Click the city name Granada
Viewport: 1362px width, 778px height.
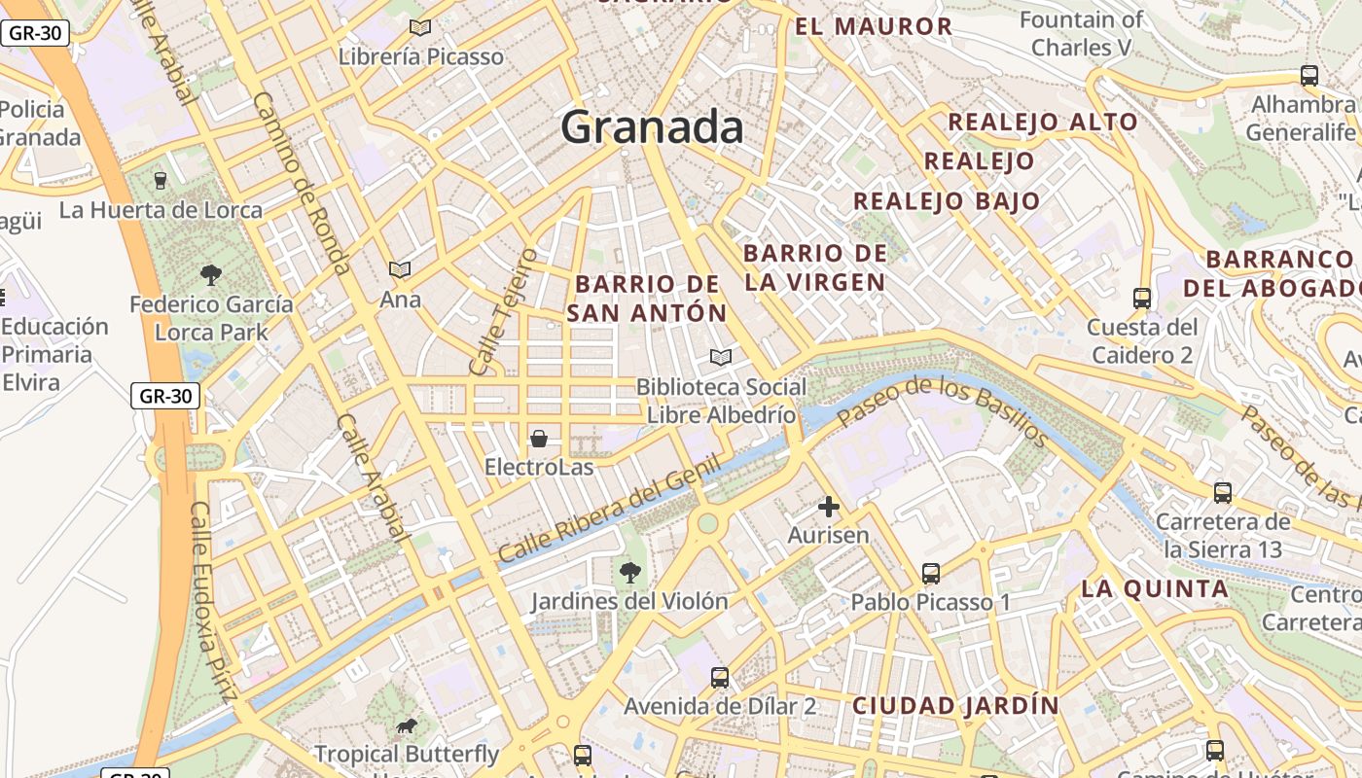pyautogui.click(x=652, y=127)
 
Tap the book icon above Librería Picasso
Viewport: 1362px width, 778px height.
pyautogui.click(x=420, y=28)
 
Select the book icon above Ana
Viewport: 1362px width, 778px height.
pyautogui.click(x=400, y=269)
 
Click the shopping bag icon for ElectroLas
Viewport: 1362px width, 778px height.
pyautogui.click(x=539, y=439)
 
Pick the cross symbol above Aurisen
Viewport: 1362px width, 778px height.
pyautogui.click(x=829, y=507)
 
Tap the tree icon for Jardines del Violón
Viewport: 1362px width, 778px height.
pyautogui.click(x=630, y=572)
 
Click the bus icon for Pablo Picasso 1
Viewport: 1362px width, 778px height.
pyautogui.click(x=931, y=574)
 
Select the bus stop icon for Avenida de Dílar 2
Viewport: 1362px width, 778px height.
pyautogui.click(x=720, y=678)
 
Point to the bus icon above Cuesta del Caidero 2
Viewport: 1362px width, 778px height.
pyautogui.click(x=1142, y=298)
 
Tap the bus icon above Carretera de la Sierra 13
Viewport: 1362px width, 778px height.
pyautogui.click(x=1223, y=493)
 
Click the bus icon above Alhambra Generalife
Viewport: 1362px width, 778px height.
pyautogui.click(x=1309, y=75)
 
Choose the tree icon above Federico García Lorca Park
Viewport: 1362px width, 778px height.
pyautogui.click(x=210, y=275)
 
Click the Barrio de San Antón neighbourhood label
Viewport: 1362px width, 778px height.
pyautogui.click(x=647, y=299)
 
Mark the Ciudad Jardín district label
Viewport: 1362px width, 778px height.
pyautogui.click(x=955, y=705)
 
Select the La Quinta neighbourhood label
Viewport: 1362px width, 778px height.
pyautogui.click(x=1155, y=588)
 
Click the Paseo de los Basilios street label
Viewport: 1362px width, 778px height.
pyautogui.click(x=942, y=412)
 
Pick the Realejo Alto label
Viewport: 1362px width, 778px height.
pyautogui.click(x=1042, y=122)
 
